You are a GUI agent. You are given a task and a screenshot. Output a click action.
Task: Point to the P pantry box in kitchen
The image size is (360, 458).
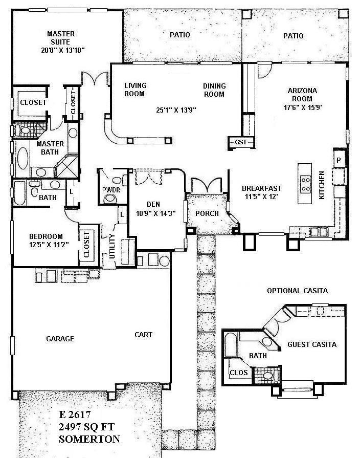[338, 160]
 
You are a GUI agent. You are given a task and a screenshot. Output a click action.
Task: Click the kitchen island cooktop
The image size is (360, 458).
[306, 183]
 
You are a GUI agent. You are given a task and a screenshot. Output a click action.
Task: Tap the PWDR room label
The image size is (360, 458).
[110, 190]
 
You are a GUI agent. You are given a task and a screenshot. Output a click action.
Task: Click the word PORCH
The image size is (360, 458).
[207, 213]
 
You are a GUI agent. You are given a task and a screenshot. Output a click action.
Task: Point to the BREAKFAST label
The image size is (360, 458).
[261, 188]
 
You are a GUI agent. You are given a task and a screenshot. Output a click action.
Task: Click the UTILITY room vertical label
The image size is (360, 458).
[112, 245]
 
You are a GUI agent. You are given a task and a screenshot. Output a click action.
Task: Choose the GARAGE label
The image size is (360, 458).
[60, 339]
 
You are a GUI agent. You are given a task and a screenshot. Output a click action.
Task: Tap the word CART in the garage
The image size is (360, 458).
[143, 335]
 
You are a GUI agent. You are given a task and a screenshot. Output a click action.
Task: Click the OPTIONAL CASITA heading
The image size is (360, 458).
[297, 291]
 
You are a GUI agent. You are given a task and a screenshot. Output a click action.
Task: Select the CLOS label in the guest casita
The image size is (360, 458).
[238, 373]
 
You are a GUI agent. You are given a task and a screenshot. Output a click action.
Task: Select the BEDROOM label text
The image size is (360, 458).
[46, 236]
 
